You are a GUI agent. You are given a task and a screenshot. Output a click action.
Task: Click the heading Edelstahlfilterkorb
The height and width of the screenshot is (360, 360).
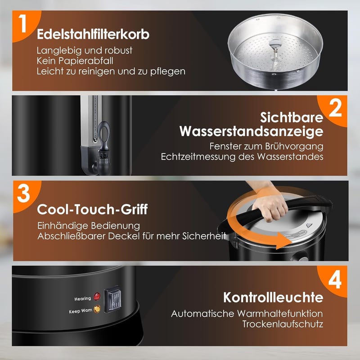tap(93, 35)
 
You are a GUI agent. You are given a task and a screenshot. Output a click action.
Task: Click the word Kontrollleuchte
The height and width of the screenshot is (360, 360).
tap(273, 297)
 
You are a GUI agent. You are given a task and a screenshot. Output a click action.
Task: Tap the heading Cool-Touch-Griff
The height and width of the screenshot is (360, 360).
tap(92, 209)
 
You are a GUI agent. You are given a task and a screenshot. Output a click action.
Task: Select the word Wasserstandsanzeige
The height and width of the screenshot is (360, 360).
tap(252, 131)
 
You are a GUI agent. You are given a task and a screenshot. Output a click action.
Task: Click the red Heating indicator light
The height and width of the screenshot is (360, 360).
tap(97, 297)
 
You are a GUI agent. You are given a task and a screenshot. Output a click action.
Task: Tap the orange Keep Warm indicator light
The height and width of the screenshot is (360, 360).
tap(97, 309)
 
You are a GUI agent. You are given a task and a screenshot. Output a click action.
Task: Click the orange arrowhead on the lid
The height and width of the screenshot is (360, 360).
tap(283, 241)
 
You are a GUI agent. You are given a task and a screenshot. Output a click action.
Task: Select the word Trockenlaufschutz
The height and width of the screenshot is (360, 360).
tap(283, 324)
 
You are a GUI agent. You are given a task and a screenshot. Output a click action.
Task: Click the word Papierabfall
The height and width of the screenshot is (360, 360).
tap(85, 61)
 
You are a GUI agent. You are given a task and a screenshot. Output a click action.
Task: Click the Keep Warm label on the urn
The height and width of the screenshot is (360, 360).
tap(81, 310)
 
